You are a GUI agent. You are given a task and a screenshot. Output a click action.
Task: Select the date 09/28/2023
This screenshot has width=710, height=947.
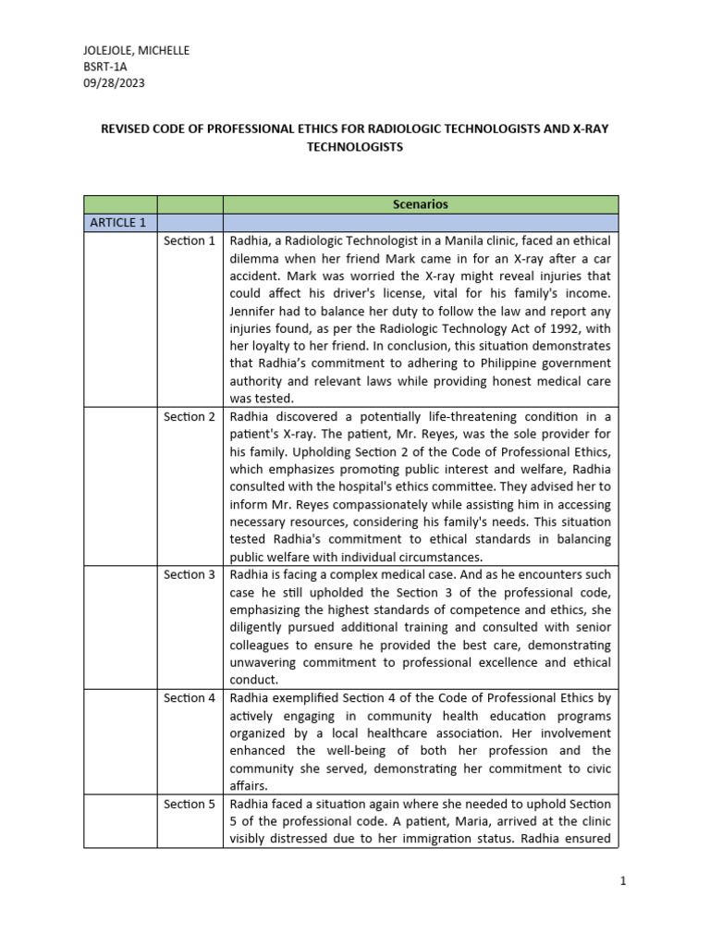[x=114, y=82]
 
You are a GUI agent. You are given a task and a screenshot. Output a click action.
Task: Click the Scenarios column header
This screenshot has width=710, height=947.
[x=420, y=204]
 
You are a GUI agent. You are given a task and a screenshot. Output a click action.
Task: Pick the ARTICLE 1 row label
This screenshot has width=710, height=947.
[x=117, y=223]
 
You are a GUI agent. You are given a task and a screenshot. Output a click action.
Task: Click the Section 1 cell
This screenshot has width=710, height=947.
[x=190, y=240]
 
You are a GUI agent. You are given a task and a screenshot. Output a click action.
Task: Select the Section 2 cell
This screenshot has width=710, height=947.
[x=190, y=416]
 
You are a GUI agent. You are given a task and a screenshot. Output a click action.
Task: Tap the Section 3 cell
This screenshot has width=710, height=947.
[x=190, y=574]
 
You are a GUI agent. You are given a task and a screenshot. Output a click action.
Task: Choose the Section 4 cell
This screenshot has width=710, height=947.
[x=190, y=697]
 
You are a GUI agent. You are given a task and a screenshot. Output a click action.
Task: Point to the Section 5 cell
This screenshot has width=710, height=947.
[x=190, y=804]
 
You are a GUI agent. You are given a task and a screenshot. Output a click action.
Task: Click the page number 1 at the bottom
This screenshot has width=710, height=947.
[x=623, y=881]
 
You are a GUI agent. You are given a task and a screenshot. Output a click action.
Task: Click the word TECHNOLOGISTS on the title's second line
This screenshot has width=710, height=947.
[x=354, y=147]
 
